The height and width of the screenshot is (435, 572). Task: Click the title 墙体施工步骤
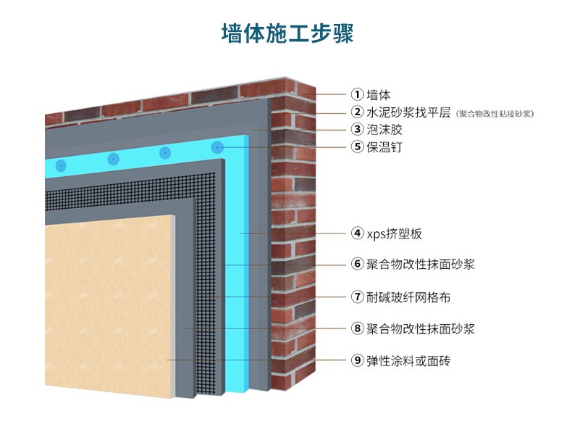click(287, 34)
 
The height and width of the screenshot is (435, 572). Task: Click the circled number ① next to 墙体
click(357, 94)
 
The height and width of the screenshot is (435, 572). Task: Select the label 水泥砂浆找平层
click(408, 112)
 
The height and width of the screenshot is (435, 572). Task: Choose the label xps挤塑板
click(395, 233)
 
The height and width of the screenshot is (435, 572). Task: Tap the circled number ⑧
click(357, 328)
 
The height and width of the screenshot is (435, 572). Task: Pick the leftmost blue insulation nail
click(61, 165)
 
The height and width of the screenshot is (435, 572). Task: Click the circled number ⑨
click(357, 360)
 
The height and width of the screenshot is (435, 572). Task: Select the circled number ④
click(357, 233)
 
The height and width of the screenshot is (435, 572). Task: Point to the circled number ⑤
click(357, 147)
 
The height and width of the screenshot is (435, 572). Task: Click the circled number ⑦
click(357, 297)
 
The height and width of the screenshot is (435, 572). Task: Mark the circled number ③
click(357, 130)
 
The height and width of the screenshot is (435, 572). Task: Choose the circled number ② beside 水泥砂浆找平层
click(357, 112)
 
